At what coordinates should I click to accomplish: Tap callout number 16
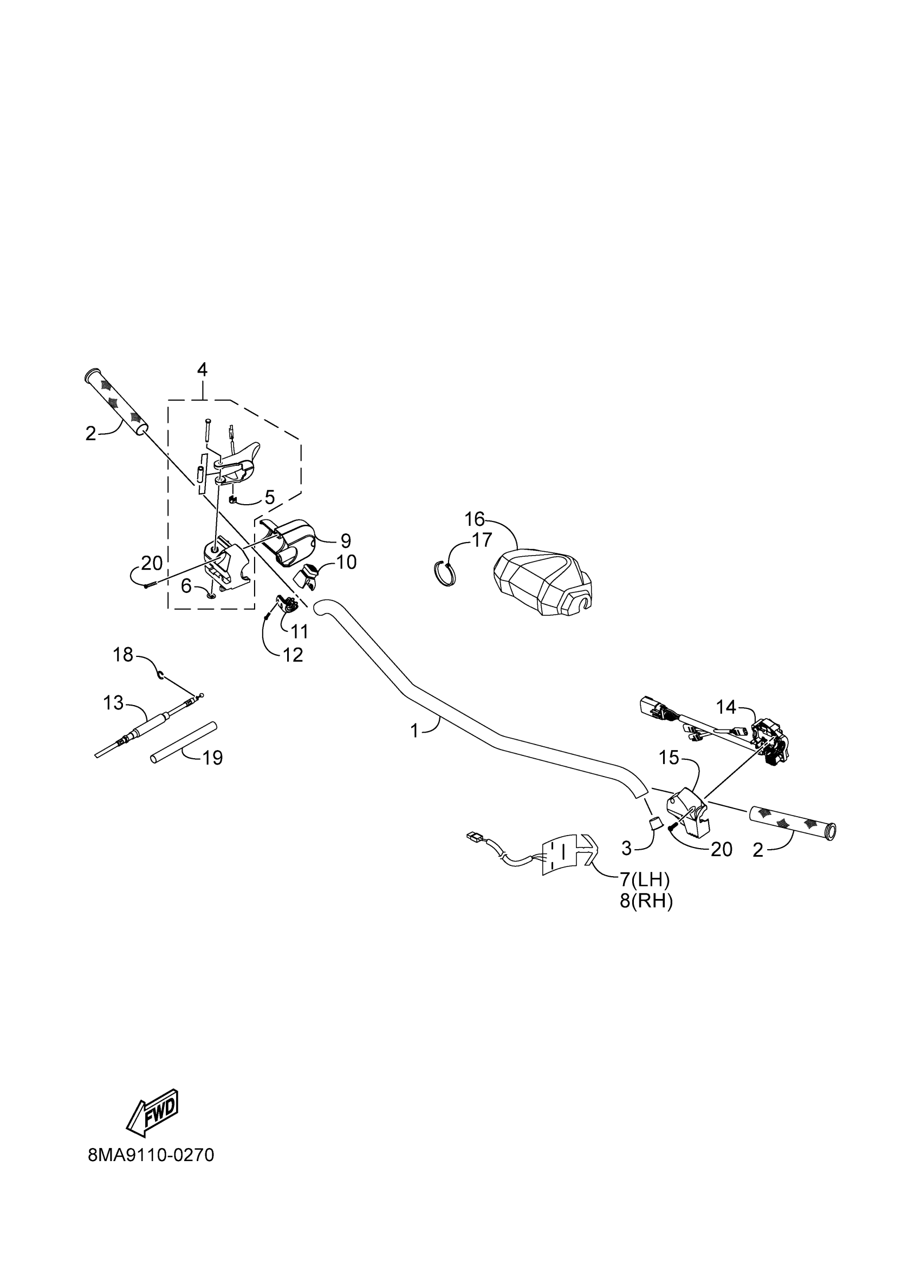(x=474, y=519)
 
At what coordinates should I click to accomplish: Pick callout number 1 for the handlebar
(x=414, y=731)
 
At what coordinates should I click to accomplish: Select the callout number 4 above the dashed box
(x=202, y=369)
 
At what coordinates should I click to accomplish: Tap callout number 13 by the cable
(x=113, y=702)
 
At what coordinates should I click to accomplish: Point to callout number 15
(x=669, y=758)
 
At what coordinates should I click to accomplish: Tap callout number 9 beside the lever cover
(x=346, y=541)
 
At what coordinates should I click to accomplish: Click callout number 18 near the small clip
(x=123, y=654)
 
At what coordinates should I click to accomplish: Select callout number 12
(x=293, y=655)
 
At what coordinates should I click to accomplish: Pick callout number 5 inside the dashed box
(x=270, y=497)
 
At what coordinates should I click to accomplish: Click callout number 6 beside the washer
(x=186, y=586)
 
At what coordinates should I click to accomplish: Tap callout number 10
(x=346, y=562)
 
